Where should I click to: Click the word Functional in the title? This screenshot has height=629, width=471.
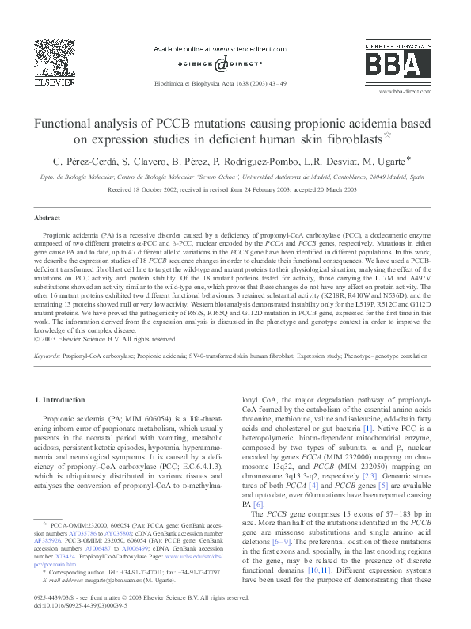click(70, 124)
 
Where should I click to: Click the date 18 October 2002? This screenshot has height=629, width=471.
click(147, 190)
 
